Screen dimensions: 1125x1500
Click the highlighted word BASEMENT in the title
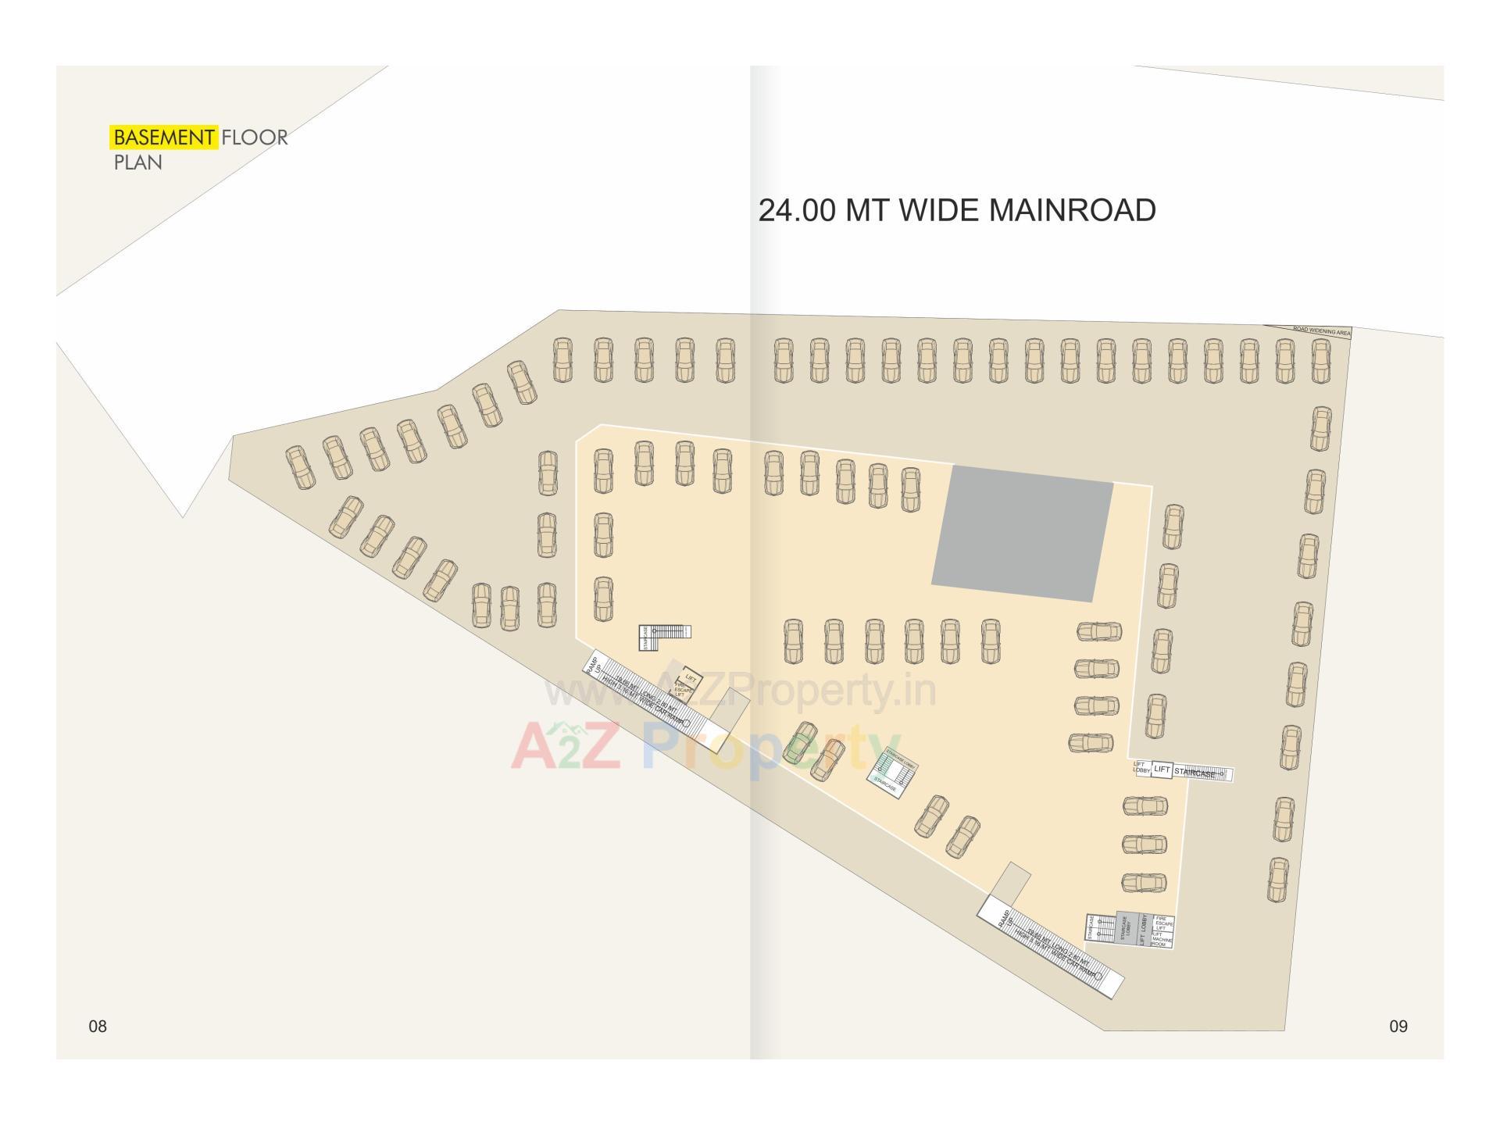(x=163, y=137)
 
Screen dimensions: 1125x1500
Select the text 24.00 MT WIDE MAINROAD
(x=956, y=211)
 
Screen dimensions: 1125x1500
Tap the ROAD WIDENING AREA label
(x=1321, y=331)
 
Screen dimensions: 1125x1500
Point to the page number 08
(x=97, y=1027)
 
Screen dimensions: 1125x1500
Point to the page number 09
(x=1398, y=1027)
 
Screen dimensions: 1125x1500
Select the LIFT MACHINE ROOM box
(x=1162, y=939)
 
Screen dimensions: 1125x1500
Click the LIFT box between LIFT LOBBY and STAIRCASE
(x=1162, y=770)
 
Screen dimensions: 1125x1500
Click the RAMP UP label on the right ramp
(x=1005, y=918)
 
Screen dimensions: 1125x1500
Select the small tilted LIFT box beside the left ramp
(x=690, y=678)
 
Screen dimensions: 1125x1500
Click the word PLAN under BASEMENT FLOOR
(x=138, y=162)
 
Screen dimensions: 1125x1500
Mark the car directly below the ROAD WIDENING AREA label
(x=1321, y=361)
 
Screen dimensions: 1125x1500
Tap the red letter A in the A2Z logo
(x=532, y=746)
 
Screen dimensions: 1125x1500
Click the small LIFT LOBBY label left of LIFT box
(x=1141, y=768)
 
